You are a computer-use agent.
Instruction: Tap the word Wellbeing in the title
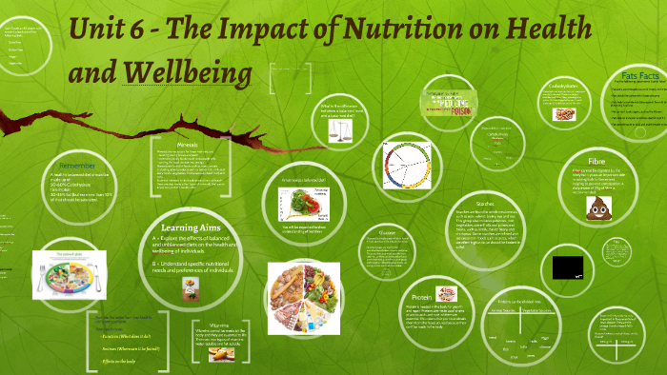[191, 73]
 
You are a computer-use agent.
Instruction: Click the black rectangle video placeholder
[567, 266]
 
